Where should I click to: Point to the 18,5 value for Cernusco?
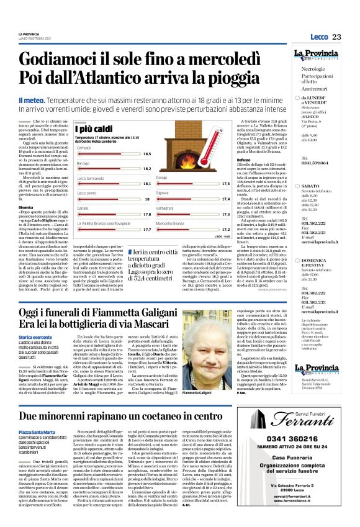[x=147, y=154]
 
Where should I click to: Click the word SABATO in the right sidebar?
[x=312, y=186]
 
